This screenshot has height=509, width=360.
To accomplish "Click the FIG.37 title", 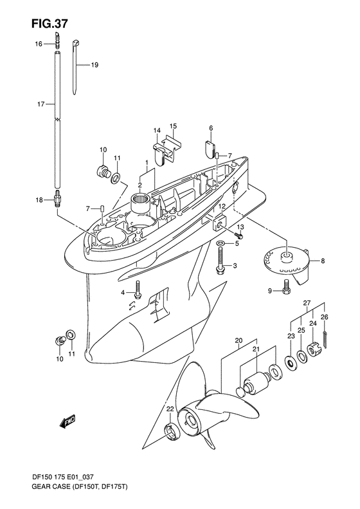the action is [x=50, y=24].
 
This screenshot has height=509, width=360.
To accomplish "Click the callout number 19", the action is [x=94, y=65].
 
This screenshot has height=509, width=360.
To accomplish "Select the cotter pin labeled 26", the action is [x=325, y=339].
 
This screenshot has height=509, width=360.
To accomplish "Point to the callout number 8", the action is [x=322, y=261].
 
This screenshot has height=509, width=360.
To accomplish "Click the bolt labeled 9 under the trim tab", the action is [x=286, y=286].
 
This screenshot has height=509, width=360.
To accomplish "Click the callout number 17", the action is [x=41, y=104].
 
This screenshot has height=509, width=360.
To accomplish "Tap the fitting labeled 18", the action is [x=57, y=199].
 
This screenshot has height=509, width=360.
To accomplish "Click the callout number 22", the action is [x=170, y=409].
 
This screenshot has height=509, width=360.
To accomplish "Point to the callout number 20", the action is [x=239, y=341].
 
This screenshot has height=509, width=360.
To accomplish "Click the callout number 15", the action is [x=173, y=126].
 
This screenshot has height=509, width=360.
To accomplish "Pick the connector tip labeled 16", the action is [x=57, y=40].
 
